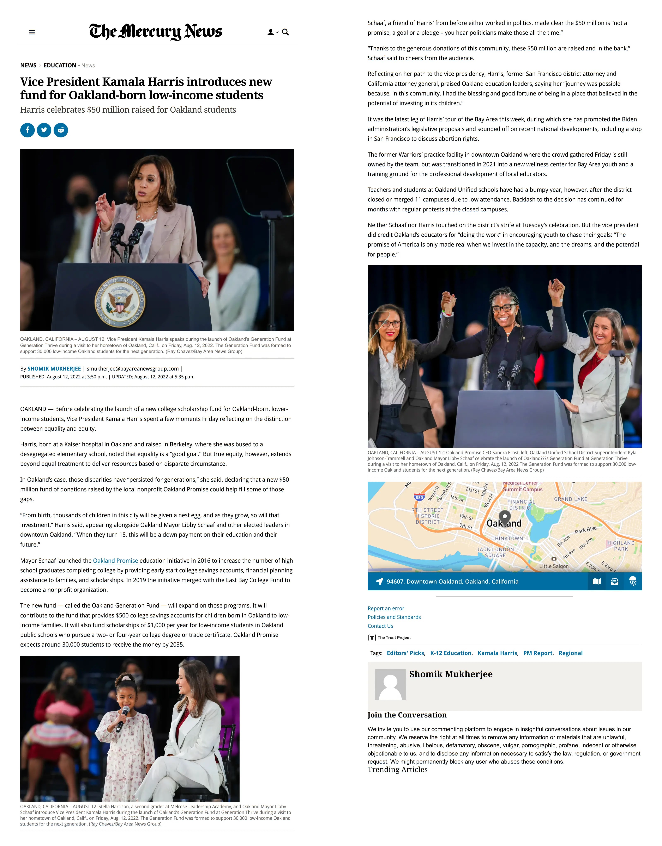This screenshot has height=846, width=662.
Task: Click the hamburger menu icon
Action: (x=32, y=32)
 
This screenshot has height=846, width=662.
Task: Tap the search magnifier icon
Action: (x=285, y=32)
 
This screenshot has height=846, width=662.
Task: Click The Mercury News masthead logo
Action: (x=156, y=32)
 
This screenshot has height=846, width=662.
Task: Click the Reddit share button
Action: (x=61, y=130)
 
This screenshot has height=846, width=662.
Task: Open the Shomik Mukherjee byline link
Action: (x=54, y=369)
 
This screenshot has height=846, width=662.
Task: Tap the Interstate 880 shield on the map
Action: (x=419, y=497)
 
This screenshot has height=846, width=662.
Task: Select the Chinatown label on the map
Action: (x=507, y=539)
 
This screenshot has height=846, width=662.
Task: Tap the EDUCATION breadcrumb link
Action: (x=60, y=66)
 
